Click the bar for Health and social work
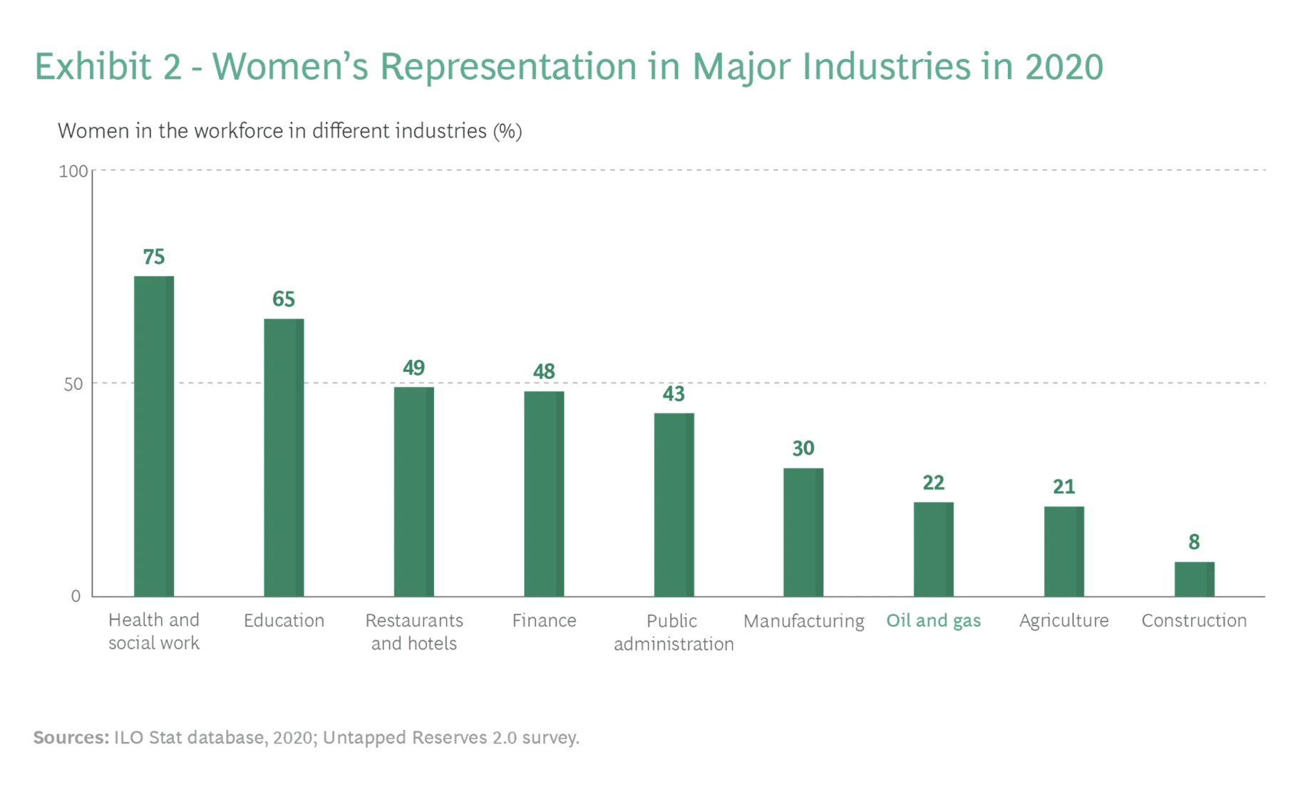(x=154, y=436)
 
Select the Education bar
(x=284, y=458)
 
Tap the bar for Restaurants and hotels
(x=414, y=492)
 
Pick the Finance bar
(x=544, y=494)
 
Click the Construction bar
(x=1195, y=579)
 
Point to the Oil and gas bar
(x=934, y=550)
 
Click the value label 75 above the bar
(x=154, y=257)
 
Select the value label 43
(x=674, y=394)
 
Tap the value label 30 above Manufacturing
(x=803, y=448)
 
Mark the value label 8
(x=1195, y=542)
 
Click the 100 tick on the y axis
(x=73, y=171)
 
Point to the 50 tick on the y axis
(x=73, y=384)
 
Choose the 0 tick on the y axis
(x=76, y=597)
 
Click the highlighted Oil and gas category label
(x=934, y=621)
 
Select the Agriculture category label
(x=1064, y=621)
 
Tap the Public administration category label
(x=674, y=632)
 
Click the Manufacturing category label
(x=804, y=622)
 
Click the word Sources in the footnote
(x=71, y=738)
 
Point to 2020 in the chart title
(x=1064, y=66)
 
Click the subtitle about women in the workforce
(x=289, y=131)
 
